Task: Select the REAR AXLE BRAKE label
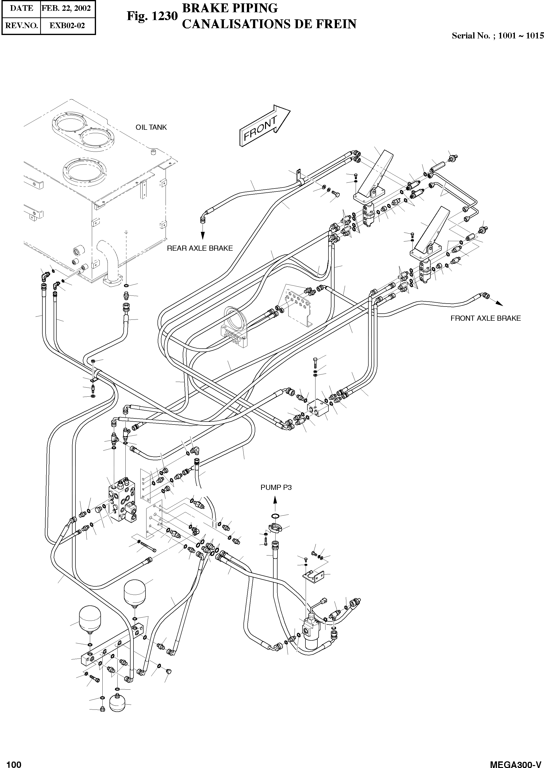pyautogui.click(x=200, y=248)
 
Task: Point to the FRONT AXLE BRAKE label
pyautogui.click(x=485, y=318)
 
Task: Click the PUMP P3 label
pyautogui.click(x=276, y=487)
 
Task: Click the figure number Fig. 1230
pyautogui.click(x=152, y=16)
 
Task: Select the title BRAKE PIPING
pyautogui.click(x=230, y=8)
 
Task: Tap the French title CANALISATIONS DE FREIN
pyautogui.click(x=269, y=24)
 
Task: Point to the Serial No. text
pyautogui.click(x=497, y=36)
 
